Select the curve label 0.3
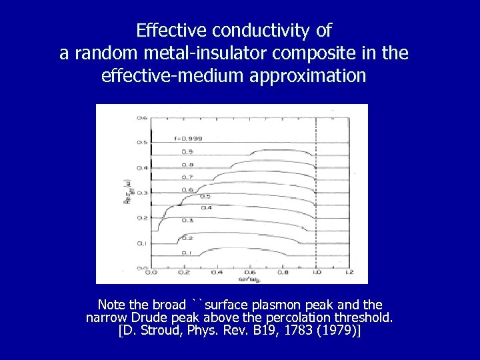coord(189,220)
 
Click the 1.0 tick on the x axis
coord(316,272)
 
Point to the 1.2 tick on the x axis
coord(349,272)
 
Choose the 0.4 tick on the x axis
coord(217,272)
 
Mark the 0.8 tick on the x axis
coord(283,272)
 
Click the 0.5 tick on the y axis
coord(142,143)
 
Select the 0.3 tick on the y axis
coord(142,193)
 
